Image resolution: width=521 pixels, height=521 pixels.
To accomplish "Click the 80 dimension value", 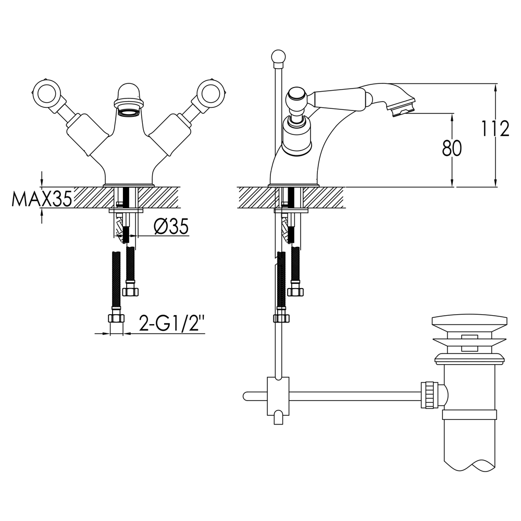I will tap(452, 149).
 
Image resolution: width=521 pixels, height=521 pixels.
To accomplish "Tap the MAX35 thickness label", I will tap(42, 199).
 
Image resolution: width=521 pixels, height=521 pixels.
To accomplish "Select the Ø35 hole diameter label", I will tap(171, 227).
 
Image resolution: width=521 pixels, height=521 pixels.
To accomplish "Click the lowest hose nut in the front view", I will tap(115, 319).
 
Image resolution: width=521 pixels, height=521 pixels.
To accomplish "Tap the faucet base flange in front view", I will tap(130, 185).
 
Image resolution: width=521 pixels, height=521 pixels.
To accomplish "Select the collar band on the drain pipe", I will tap(468, 415).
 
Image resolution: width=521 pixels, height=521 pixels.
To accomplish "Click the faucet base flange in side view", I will tap(293, 185).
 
